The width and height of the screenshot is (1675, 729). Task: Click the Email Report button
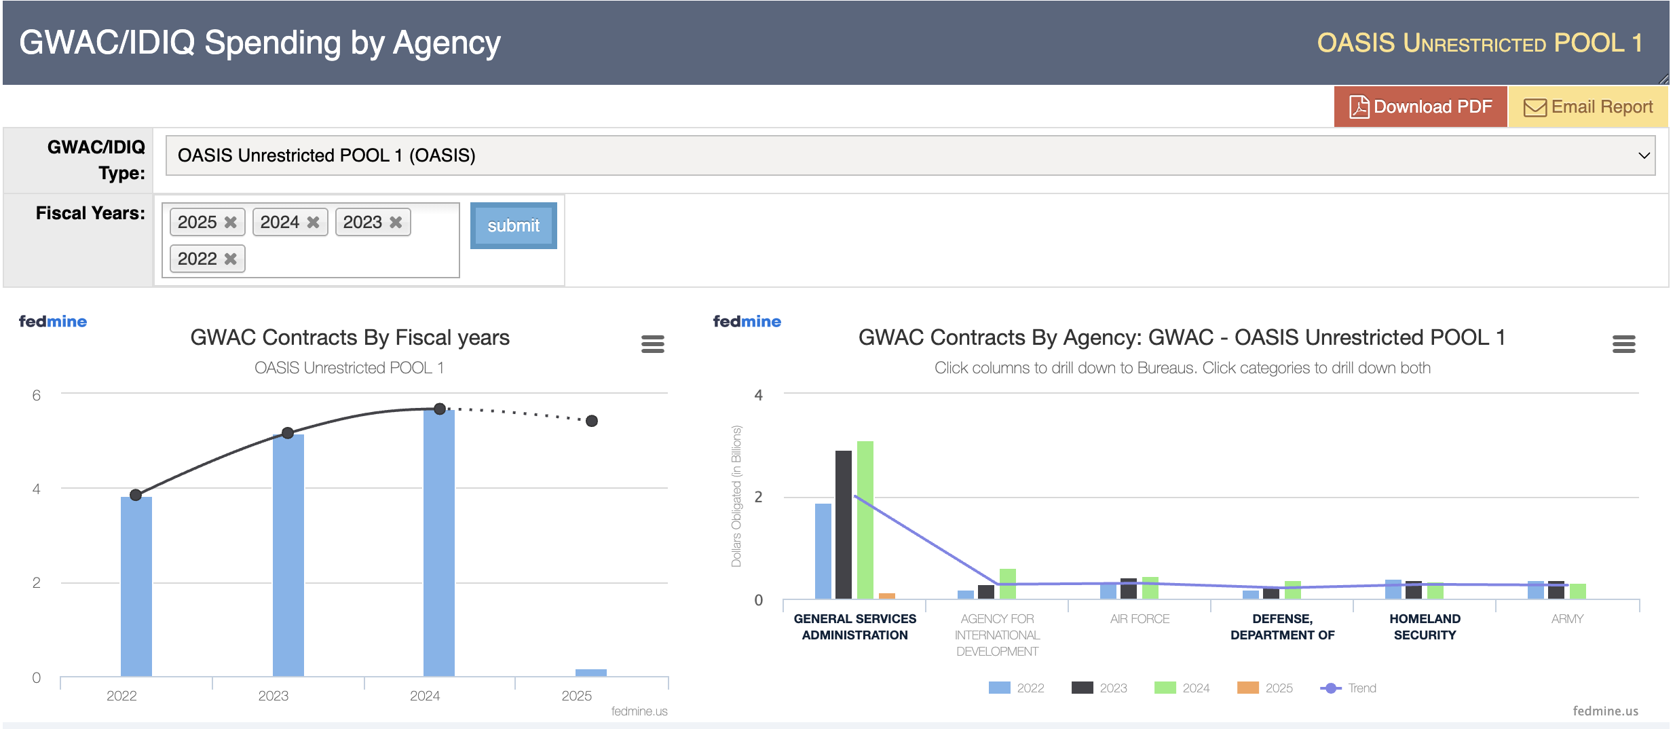coord(1587,107)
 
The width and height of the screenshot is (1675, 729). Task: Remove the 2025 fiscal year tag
coord(231,223)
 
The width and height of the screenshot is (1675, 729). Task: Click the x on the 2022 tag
coord(231,259)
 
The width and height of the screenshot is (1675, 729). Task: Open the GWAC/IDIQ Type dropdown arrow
coord(1644,155)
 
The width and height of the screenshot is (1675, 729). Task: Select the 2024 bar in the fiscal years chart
coord(439,543)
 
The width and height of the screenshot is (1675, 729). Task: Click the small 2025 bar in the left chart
coord(590,673)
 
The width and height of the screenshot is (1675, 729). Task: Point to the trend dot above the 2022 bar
coord(136,495)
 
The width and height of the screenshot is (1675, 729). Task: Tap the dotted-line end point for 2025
coord(592,421)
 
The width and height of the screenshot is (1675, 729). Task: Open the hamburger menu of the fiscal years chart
coord(652,344)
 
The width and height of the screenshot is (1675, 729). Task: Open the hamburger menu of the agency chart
coord(1623,344)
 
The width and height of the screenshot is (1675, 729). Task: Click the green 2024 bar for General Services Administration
coord(865,519)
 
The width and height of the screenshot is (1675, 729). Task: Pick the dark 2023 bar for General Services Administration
coord(844,524)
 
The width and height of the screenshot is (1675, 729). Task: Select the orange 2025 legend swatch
coord(1248,688)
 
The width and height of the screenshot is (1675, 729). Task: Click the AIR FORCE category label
coord(1140,619)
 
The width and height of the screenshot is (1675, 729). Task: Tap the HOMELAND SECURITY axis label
coord(1425,627)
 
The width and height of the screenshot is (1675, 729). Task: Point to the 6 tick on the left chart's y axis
coord(37,395)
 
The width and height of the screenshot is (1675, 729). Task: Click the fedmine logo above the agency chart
coord(747,322)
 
